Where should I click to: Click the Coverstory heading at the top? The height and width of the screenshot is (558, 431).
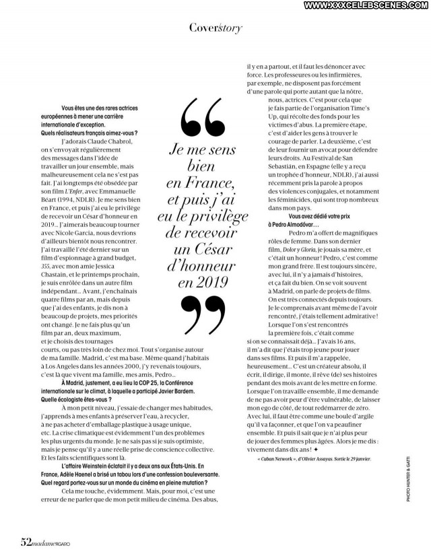coord(215,28)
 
